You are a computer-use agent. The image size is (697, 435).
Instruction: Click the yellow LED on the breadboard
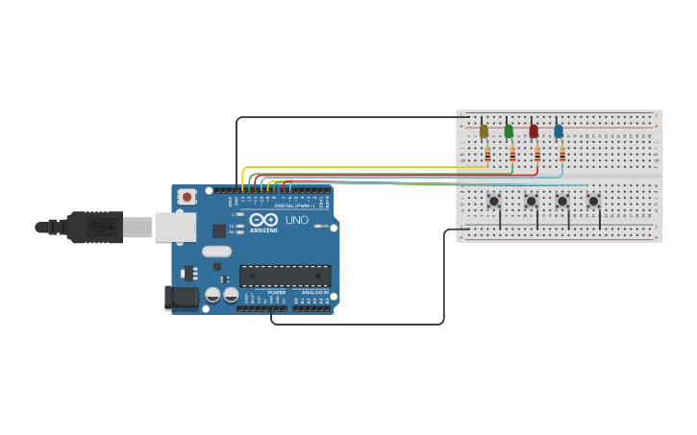point(484,132)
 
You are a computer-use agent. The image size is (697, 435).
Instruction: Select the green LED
point(509,132)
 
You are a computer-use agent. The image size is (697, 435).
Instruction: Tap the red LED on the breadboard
point(534,132)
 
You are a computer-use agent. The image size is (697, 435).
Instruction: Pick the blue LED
point(559,132)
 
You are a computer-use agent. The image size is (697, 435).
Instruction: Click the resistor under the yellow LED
point(487,154)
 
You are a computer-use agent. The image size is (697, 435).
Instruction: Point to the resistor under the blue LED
point(562,154)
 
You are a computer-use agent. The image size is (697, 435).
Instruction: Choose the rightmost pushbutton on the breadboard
point(593,201)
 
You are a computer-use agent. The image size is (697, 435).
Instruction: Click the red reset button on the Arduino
point(187,197)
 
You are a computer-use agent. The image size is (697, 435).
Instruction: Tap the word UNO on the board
point(297,220)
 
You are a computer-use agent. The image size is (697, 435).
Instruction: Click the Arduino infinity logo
point(264,220)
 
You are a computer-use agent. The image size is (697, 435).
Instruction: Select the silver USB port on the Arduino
point(176,227)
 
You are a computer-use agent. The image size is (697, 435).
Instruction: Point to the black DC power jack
point(181,298)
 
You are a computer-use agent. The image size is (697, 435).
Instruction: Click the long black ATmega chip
point(285,276)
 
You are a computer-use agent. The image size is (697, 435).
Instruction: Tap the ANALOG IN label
point(314,292)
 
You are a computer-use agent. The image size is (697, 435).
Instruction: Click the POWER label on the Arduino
point(277,292)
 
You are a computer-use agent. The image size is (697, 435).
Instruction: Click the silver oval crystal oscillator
point(216,252)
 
